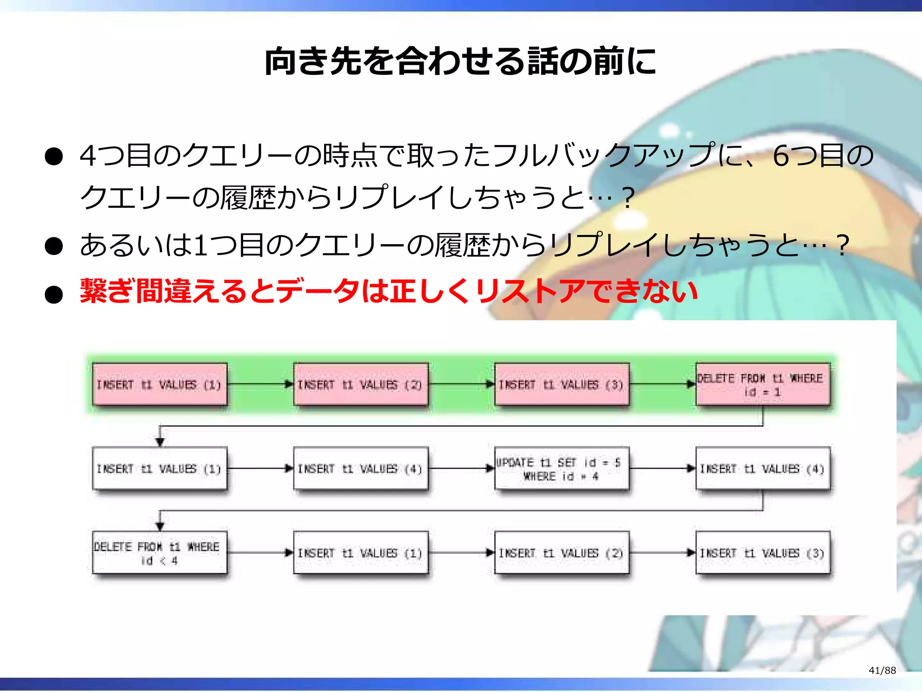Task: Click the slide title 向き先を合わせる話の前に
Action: click(460, 62)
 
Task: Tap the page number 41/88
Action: click(882, 670)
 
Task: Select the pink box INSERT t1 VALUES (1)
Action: click(159, 385)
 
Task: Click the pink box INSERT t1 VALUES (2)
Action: click(360, 385)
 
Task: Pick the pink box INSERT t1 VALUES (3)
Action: click(561, 385)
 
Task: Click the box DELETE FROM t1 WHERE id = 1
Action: click(762, 385)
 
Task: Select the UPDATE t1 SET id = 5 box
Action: click(561, 469)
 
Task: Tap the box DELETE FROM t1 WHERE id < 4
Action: click(159, 553)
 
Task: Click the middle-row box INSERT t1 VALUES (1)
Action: click(159, 469)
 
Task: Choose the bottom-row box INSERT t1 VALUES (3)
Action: click(762, 553)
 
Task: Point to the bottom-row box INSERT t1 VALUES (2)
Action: click(561, 553)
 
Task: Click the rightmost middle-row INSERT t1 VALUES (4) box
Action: click(762, 469)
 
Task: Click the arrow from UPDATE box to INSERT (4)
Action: click(662, 469)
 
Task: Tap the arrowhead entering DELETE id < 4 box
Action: click(160, 525)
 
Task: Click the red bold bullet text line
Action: click(388, 291)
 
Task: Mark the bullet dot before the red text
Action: click(54, 295)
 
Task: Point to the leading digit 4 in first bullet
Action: click(88, 156)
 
